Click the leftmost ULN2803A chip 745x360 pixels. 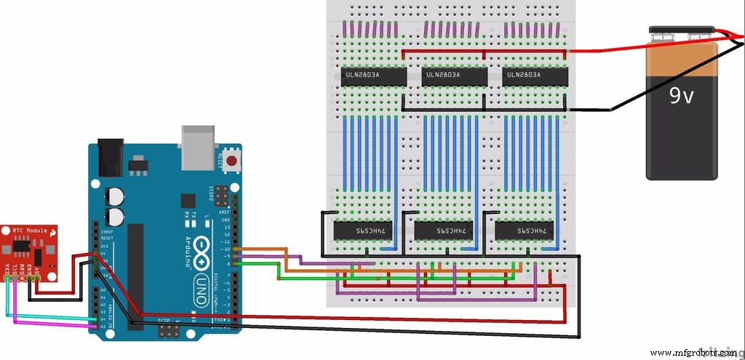(372, 76)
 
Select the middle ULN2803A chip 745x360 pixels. (453, 76)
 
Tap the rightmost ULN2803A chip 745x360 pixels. (534, 76)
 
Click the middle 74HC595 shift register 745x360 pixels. (444, 231)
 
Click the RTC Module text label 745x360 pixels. (29, 231)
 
